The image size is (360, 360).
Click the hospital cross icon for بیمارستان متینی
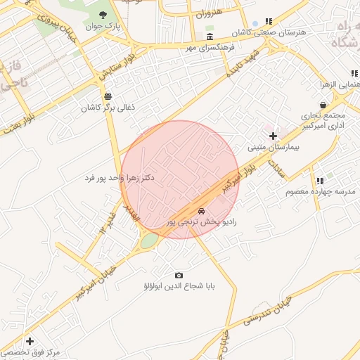click(274, 135)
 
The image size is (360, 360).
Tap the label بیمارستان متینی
click(274, 148)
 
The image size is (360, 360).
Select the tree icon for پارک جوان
click(104, 15)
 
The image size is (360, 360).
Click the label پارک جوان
click(104, 27)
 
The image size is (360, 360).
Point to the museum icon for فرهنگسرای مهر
click(210, 36)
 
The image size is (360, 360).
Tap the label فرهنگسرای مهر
click(210, 48)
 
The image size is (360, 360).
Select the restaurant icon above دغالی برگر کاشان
click(108, 96)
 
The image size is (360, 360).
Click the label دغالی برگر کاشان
click(108, 108)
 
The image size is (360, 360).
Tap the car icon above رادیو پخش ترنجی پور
click(202, 210)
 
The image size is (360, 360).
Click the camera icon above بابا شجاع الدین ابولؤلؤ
click(179, 275)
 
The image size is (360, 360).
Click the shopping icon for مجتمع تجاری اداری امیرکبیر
click(323, 105)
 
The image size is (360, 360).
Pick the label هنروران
click(208, 13)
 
